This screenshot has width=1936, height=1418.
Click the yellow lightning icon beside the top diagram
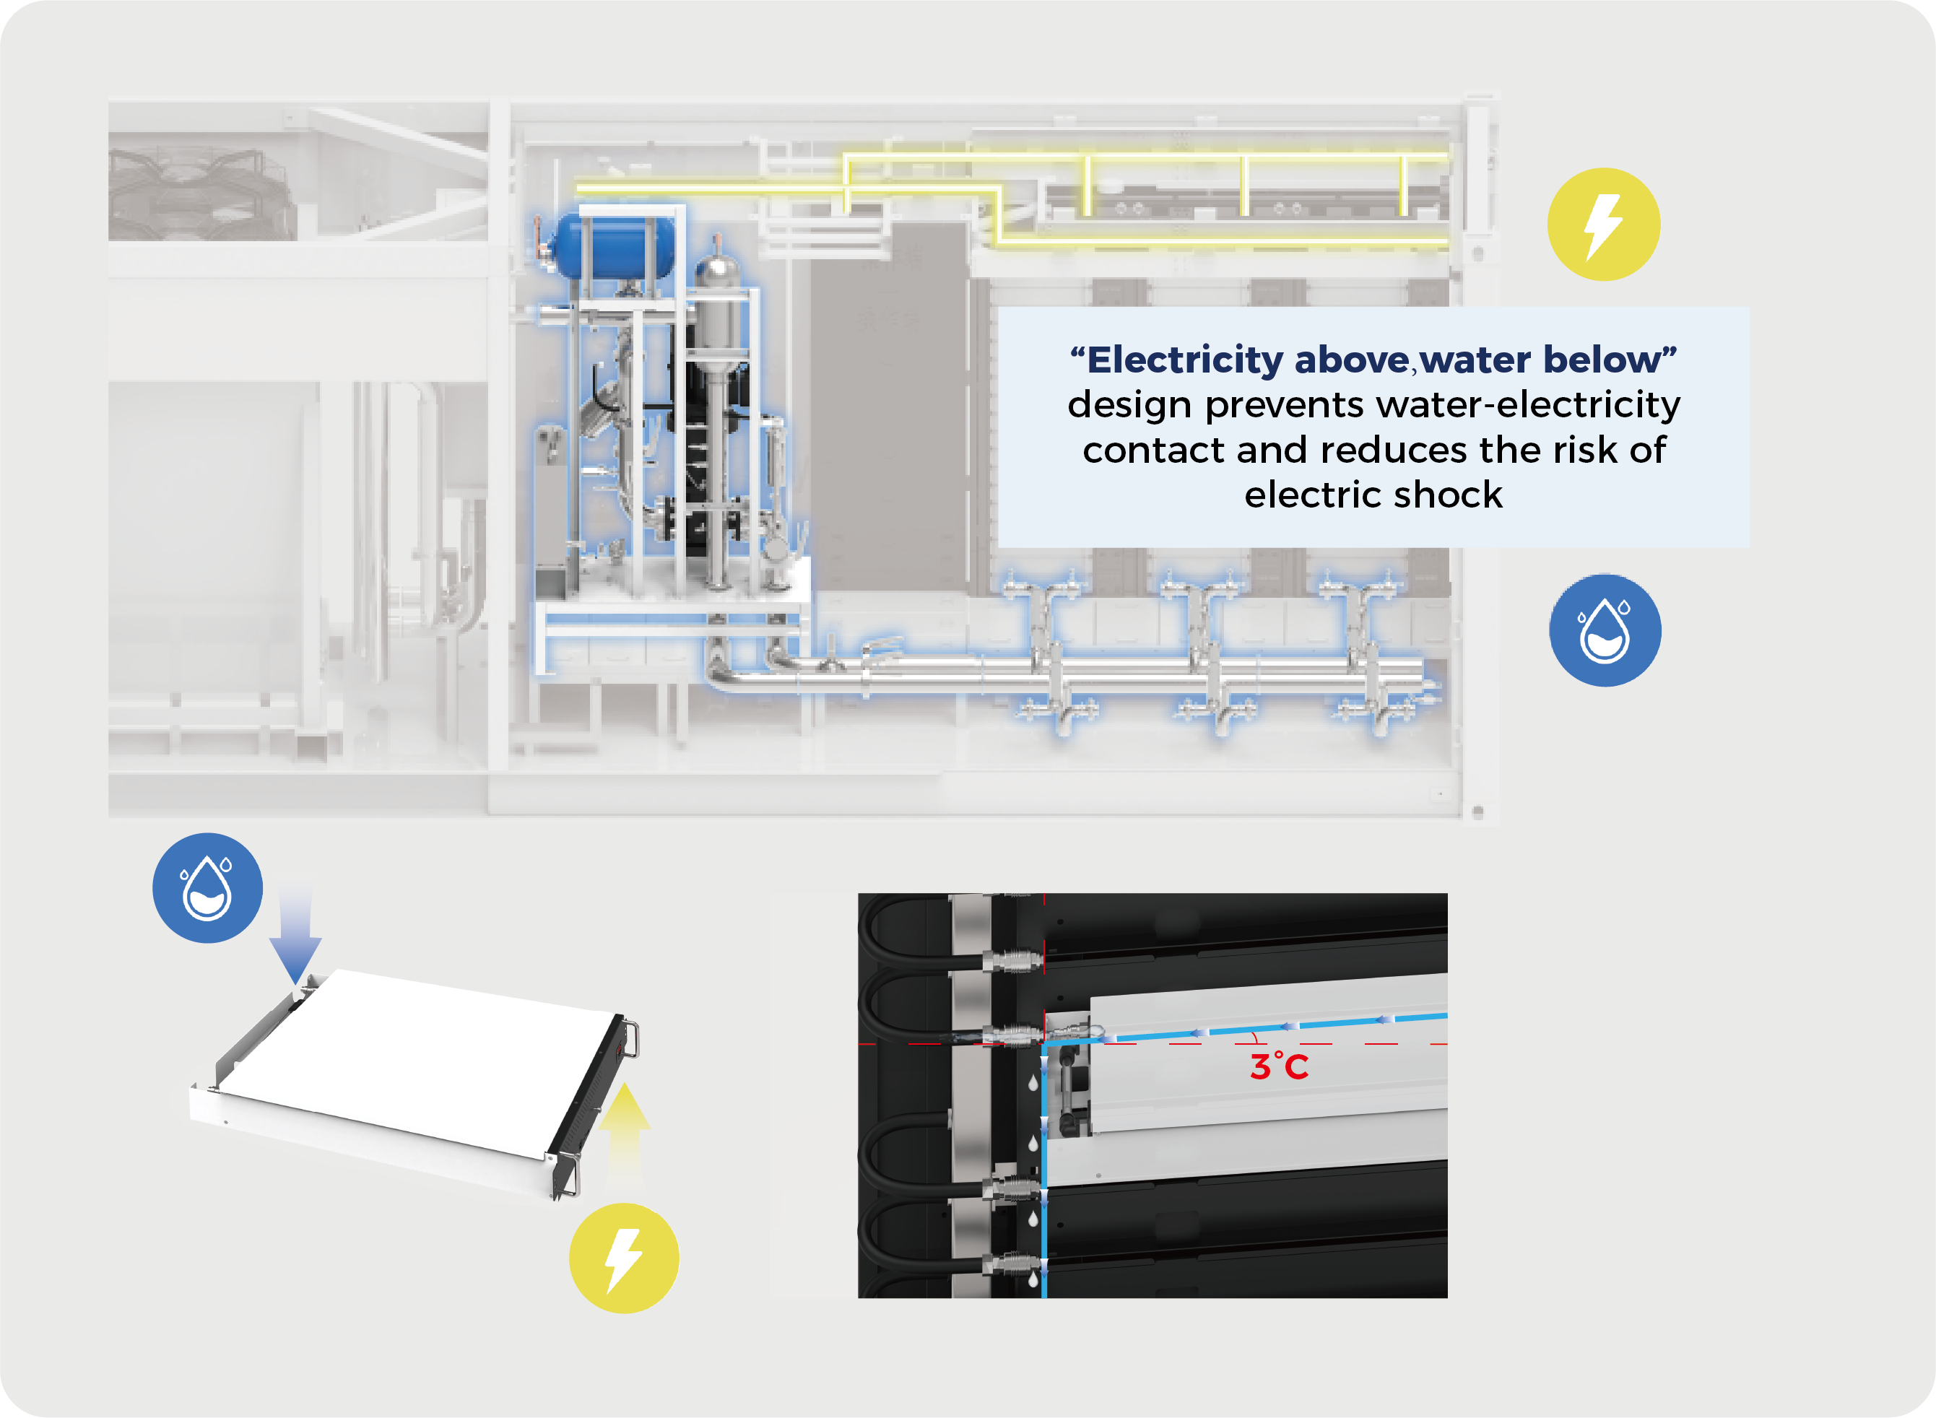(x=1603, y=224)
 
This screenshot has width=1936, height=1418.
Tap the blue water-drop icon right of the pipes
(x=1604, y=630)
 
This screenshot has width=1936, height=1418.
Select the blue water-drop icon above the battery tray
(x=207, y=887)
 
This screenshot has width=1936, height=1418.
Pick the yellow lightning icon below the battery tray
(x=624, y=1258)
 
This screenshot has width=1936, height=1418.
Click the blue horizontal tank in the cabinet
(x=615, y=246)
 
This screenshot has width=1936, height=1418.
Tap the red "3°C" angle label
(x=1278, y=1067)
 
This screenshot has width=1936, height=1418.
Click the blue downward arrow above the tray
(x=295, y=940)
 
